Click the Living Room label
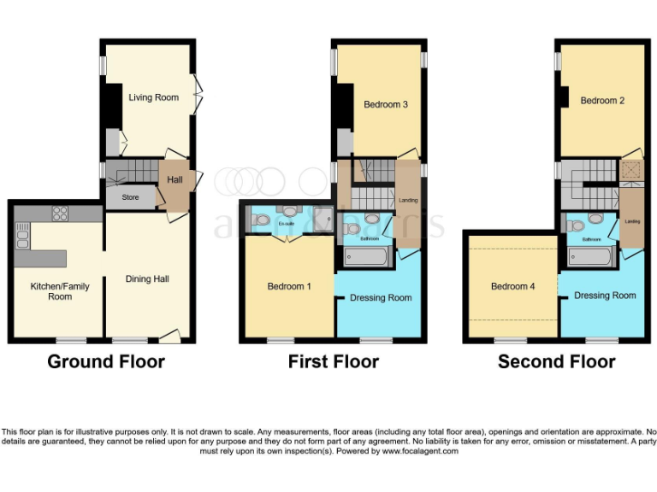[x=154, y=97]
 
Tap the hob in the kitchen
[x=60, y=213]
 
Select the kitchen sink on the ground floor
[x=21, y=234]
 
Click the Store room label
[x=130, y=197]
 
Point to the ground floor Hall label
[x=175, y=179]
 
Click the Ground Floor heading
[x=106, y=361]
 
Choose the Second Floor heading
[x=556, y=361]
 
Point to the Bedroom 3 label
[x=385, y=105]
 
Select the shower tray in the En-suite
[x=323, y=220]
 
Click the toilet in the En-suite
[x=262, y=220]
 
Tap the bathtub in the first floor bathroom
[x=366, y=257]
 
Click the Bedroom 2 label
[x=602, y=101]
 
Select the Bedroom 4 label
[x=512, y=287]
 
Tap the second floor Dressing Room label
[x=605, y=296]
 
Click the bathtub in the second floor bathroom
[x=589, y=257]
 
